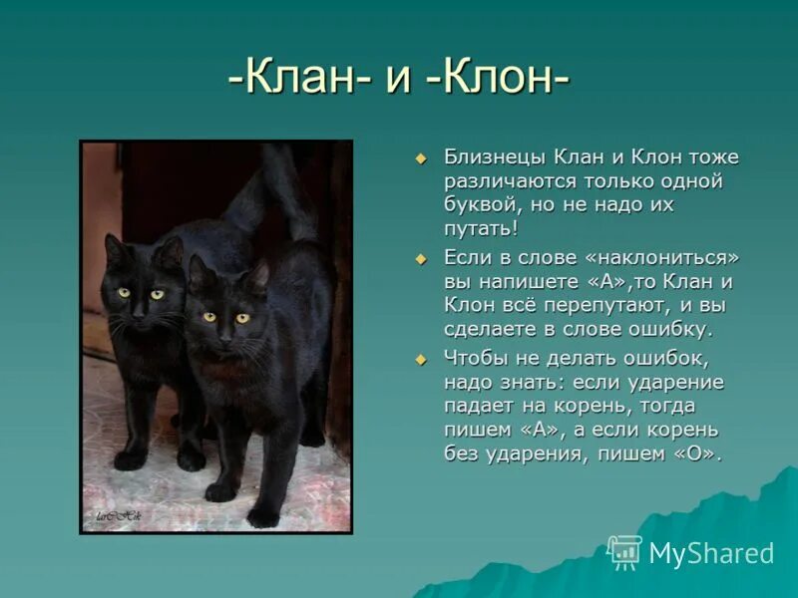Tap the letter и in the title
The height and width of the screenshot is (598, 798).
396,80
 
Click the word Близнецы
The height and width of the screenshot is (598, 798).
493,157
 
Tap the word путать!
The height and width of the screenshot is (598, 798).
481,229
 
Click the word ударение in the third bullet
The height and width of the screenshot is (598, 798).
673,382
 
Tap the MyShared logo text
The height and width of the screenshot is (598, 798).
710,554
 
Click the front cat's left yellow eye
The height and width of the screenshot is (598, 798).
208,317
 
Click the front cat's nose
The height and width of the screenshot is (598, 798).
225,338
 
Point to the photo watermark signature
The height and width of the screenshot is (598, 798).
118,515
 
